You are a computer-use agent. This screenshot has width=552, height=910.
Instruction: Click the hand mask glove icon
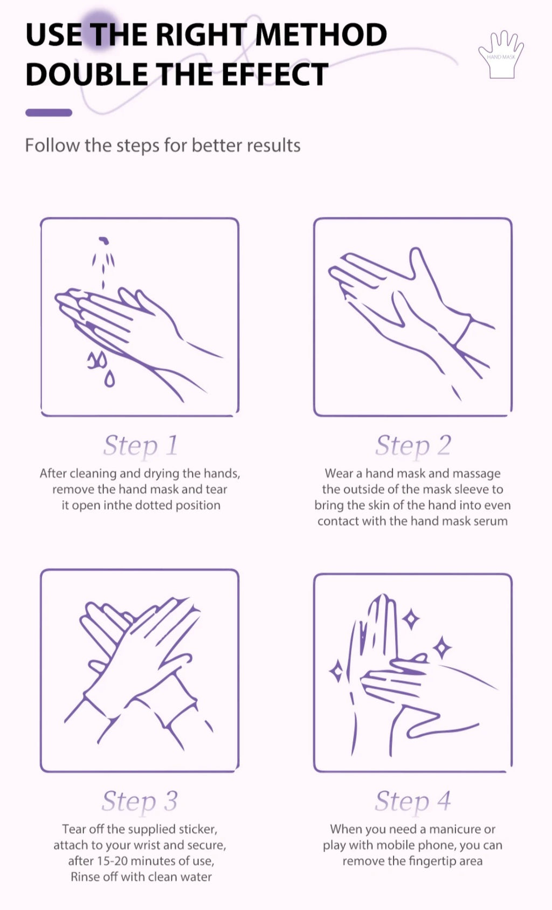[x=501, y=54]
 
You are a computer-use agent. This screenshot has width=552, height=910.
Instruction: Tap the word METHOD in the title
[x=321, y=34]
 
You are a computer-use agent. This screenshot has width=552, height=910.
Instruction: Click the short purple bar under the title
[x=49, y=113]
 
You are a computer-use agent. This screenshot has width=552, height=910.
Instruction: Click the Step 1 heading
[x=141, y=446]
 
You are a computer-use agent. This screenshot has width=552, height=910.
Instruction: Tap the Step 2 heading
[x=413, y=446]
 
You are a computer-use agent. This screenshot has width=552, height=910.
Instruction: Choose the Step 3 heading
[x=140, y=802]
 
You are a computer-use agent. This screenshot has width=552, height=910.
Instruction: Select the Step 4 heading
[x=413, y=802]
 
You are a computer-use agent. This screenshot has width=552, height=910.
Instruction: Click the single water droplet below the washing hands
[x=109, y=379]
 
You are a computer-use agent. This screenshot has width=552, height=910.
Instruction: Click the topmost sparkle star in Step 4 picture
[x=411, y=619]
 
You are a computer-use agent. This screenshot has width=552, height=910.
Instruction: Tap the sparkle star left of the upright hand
[x=336, y=672]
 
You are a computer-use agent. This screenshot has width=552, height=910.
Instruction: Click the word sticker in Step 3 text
[x=198, y=829]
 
